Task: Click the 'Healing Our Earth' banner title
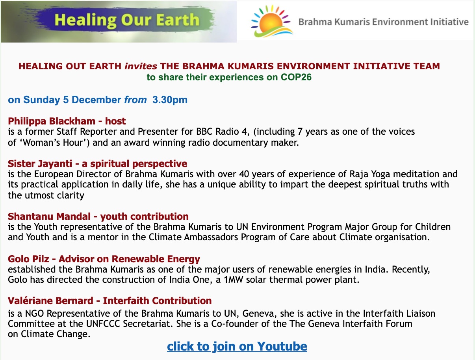127,20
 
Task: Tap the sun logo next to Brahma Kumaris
272,21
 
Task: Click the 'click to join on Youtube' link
237,346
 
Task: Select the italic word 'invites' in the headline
141,66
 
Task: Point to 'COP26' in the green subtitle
296,77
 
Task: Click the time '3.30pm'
170,100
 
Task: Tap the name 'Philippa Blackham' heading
52,121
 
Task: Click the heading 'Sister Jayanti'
40,164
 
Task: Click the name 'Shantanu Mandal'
49,216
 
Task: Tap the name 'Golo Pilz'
28,259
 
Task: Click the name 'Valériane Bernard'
50,301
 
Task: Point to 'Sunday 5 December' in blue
72,100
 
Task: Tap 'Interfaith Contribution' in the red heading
157,301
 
